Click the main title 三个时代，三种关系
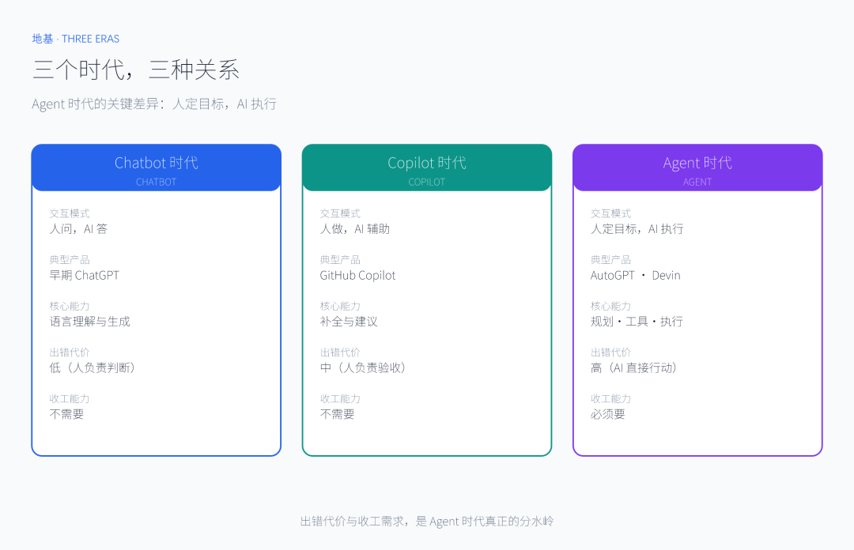coord(136,70)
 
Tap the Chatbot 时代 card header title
coord(157,162)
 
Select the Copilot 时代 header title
coord(427,162)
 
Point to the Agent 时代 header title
coord(697,162)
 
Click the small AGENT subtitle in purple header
coord(697,182)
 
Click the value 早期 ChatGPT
coord(84,275)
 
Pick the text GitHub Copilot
coord(358,275)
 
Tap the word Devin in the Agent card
coord(666,275)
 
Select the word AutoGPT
coord(613,275)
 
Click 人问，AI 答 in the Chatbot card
coord(78,228)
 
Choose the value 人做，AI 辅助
coord(354,228)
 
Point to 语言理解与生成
coord(90,322)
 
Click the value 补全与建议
coord(349,322)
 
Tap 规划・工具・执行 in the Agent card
coord(637,322)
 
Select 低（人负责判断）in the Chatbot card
coord(92,367)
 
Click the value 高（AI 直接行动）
coord(634,367)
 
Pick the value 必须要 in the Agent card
coord(608,414)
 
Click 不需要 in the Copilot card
coord(337,414)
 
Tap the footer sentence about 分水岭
coord(427,521)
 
